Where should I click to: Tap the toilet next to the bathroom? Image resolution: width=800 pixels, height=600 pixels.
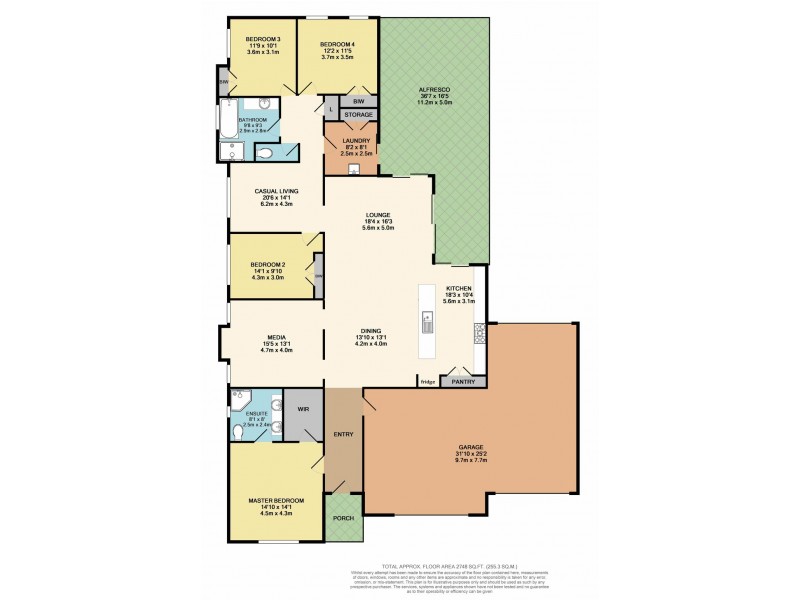tap(263, 153)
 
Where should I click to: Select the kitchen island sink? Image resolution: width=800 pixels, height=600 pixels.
tap(426, 322)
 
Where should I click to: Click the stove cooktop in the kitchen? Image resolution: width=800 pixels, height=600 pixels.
tap(481, 333)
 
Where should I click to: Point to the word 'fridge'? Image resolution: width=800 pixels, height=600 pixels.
tap(427, 381)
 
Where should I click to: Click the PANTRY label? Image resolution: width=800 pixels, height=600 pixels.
tap(462, 381)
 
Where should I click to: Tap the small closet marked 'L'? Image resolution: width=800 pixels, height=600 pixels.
tap(330, 108)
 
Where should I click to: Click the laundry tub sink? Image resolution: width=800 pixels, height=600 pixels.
tap(355, 169)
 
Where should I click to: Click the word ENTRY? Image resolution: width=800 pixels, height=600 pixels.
tap(343, 434)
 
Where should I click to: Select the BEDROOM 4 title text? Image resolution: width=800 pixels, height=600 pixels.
tap(336, 44)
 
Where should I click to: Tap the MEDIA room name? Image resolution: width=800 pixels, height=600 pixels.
tap(250, 337)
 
